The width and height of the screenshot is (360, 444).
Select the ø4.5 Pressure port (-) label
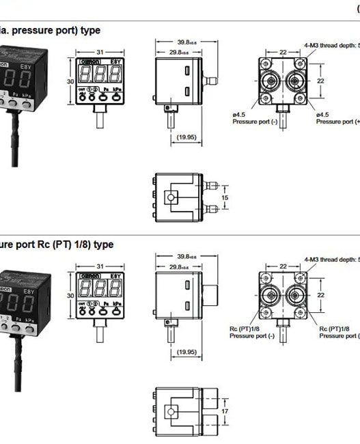(248, 118)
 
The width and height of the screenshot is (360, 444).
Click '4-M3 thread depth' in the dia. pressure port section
(331, 46)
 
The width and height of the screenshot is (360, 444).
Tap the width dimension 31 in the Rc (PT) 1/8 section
(100, 266)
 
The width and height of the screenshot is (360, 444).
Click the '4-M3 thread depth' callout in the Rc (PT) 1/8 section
(331, 260)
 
